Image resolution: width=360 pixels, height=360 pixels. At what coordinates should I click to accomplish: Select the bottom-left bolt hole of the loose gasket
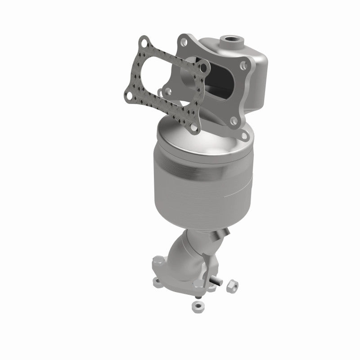(x=127, y=95)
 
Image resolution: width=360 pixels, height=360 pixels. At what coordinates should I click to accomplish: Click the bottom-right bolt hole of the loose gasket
(x=193, y=128)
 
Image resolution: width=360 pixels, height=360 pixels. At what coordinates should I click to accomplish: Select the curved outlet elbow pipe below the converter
(x=187, y=252)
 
